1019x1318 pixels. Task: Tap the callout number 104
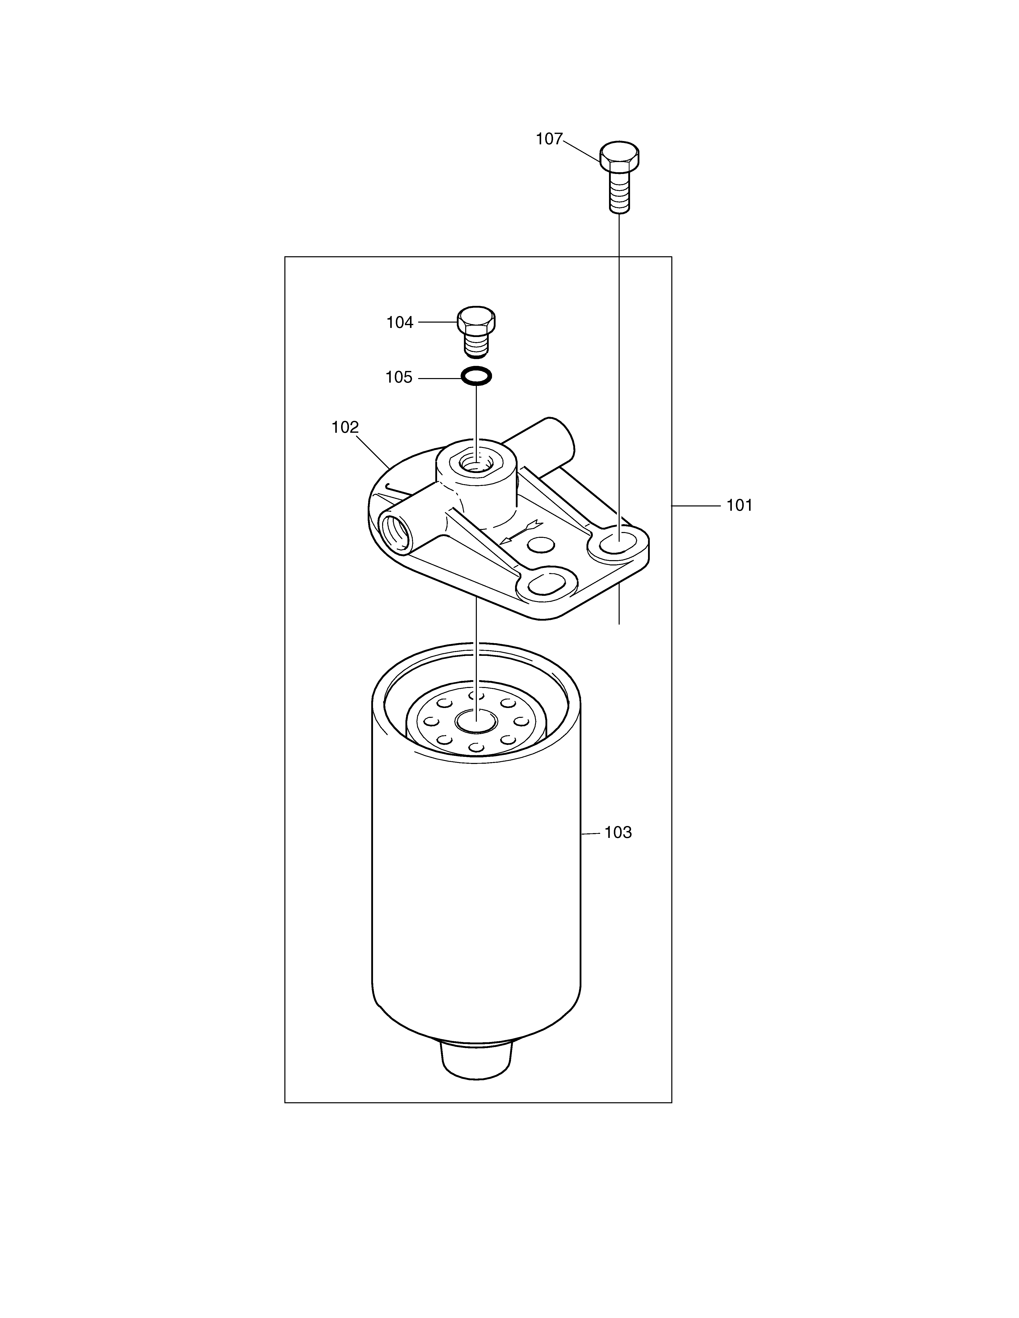tap(400, 323)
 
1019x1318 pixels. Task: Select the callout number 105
tap(399, 378)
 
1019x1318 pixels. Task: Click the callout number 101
tap(739, 506)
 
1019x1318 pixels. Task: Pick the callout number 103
tap(618, 833)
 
